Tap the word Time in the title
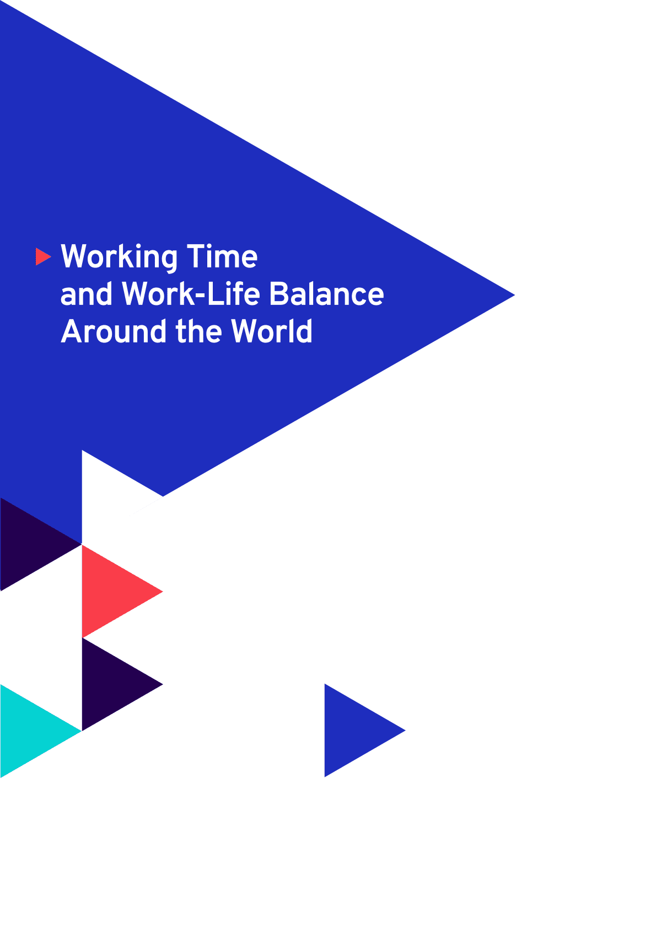tap(222, 256)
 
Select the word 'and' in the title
tap(86, 294)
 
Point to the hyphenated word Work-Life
tap(191, 294)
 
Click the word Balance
tap(327, 294)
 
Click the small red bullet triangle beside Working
tap(42, 256)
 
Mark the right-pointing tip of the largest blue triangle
tap(515, 296)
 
